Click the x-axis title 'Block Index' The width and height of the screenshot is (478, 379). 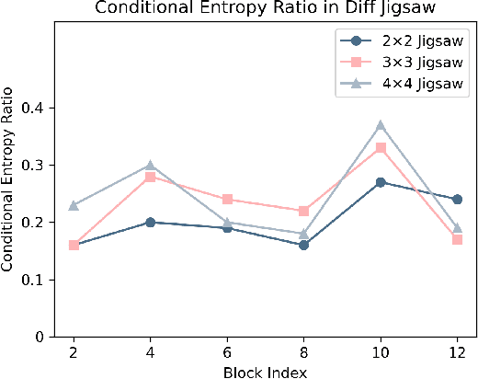265,371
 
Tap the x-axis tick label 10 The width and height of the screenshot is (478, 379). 380,353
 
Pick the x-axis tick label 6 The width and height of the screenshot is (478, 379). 227,353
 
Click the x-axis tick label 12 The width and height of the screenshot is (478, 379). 456,353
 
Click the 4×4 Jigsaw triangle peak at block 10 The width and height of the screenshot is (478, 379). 380,125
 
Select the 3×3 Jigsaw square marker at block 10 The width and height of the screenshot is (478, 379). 380,148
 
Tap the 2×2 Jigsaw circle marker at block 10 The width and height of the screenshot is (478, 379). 380,182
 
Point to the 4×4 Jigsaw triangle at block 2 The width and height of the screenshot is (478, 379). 74,205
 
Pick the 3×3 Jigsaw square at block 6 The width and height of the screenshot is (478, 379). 227,200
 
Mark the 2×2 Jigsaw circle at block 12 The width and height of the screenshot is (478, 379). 457,200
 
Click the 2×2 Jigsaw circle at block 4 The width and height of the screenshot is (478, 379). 150,223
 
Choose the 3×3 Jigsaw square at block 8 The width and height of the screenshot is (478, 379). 303,211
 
